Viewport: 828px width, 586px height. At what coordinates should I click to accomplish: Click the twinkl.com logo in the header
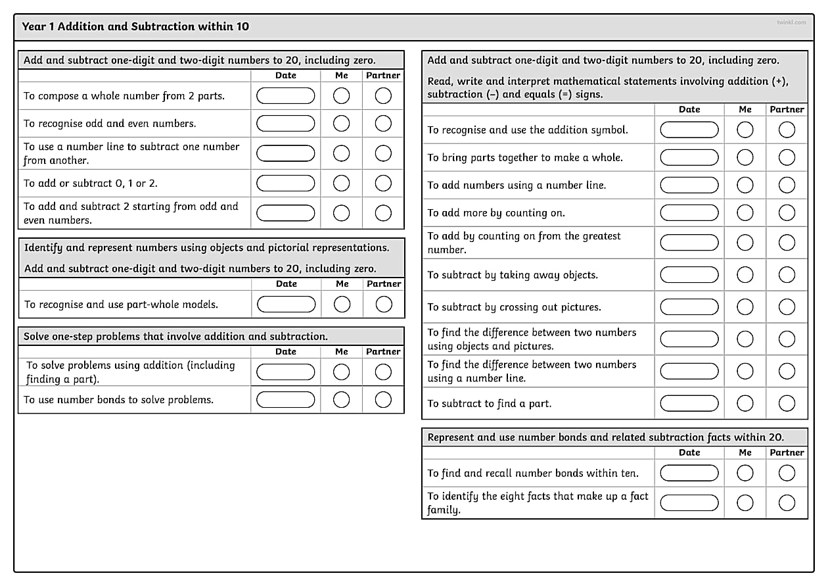[791, 22]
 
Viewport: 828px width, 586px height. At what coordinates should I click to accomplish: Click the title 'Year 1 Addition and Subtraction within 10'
[135, 27]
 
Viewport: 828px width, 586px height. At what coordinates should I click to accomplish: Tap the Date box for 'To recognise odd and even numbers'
[285, 124]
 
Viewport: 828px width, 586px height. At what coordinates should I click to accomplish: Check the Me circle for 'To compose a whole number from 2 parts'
[342, 96]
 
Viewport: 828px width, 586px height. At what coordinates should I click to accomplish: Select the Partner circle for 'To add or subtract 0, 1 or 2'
[383, 183]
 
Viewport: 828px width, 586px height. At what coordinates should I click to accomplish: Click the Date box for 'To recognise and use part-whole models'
[286, 305]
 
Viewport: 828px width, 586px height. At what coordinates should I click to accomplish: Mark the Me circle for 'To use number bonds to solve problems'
[342, 400]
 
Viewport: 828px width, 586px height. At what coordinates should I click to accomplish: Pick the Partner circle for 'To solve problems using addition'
[383, 372]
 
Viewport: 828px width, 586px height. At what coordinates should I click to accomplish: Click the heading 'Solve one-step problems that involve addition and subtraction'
[175, 337]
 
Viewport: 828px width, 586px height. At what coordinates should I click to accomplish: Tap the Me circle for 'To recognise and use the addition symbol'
[745, 130]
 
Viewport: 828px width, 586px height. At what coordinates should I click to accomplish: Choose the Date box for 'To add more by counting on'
[689, 213]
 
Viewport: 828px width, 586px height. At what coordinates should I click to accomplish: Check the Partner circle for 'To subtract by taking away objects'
[787, 275]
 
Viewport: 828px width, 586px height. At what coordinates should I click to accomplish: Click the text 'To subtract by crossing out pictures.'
[515, 307]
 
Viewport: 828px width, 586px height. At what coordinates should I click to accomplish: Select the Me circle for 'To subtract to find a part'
[745, 403]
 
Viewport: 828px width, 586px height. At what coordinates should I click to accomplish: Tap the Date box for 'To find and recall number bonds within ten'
[689, 473]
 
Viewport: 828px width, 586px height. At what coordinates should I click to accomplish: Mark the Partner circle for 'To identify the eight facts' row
[787, 503]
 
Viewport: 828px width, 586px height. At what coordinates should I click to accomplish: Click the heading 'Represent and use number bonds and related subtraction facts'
[605, 437]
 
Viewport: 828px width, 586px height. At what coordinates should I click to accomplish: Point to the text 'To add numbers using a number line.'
[517, 185]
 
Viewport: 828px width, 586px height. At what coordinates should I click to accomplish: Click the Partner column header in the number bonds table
[787, 452]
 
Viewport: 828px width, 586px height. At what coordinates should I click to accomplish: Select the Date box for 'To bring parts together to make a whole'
[689, 158]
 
